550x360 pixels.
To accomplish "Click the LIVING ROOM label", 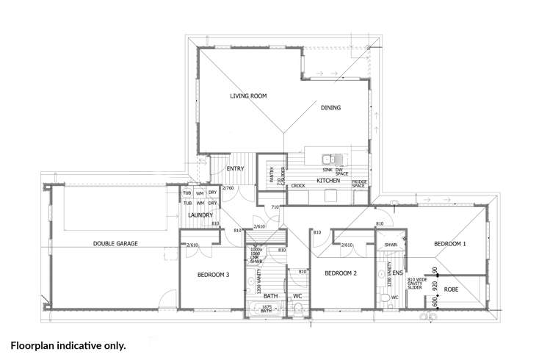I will point(247,96).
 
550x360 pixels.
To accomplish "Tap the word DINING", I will point(330,107).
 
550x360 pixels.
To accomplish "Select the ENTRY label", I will point(235,169).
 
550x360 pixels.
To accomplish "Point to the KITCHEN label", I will point(327,180).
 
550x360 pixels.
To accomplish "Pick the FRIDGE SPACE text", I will point(359,183).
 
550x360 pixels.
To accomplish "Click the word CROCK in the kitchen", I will point(298,186).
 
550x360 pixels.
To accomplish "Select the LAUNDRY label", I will point(200,215).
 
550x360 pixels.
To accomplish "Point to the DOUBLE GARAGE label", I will point(115,243).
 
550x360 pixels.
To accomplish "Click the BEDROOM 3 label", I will point(214,276).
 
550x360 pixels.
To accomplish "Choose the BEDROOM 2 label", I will point(341,273).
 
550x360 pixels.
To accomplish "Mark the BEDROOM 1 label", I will point(449,243).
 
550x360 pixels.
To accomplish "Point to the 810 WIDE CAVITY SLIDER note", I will point(419,284).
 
